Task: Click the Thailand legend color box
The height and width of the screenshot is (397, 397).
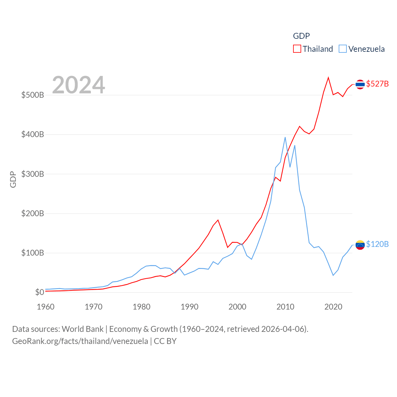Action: [x=297, y=49]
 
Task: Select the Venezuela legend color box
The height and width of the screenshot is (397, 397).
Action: [x=342, y=49]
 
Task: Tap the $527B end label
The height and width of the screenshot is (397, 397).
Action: [x=377, y=84]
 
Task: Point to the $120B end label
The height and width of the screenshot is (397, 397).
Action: [x=377, y=244]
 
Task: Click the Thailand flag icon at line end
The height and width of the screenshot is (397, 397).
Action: [x=360, y=84]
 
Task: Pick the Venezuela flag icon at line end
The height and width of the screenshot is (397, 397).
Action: [x=360, y=245]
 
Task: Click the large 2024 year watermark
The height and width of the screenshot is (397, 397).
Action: [x=78, y=85]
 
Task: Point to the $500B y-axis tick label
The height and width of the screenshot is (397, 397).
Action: [x=33, y=95]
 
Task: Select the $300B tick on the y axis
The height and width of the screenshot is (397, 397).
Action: [x=33, y=174]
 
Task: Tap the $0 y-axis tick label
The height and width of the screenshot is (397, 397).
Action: [x=39, y=292]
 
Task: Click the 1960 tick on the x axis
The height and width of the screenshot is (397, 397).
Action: [x=46, y=307]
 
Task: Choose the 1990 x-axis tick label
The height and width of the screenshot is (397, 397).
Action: [x=190, y=307]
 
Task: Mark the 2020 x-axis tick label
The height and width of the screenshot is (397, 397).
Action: [x=333, y=307]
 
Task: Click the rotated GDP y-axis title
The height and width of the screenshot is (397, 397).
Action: [x=13, y=179]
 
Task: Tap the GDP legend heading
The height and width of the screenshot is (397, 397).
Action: [x=301, y=36]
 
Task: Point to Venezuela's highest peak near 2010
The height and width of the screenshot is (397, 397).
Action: [x=285, y=137]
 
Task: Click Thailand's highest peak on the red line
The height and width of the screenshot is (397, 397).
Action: [x=328, y=78]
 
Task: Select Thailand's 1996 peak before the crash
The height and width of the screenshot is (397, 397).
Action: [x=218, y=220]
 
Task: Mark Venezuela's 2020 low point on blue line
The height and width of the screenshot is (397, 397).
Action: [x=333, y=275]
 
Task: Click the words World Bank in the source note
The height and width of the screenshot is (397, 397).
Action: [x=83, y=329]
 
